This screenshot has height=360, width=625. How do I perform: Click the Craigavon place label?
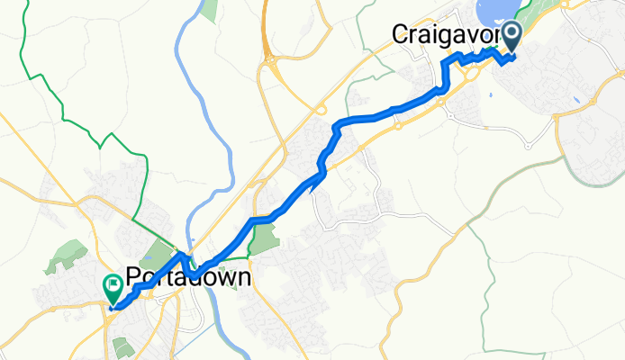tap(446, 34)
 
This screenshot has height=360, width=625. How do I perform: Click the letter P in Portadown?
tap(136, 277)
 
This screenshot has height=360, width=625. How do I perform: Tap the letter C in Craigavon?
tap(401, 34)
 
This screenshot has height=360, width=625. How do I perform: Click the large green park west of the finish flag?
tap(68, 255)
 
